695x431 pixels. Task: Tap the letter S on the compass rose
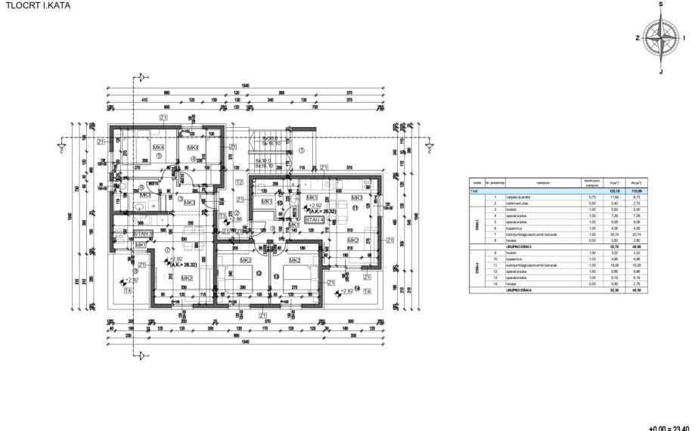point(660,5)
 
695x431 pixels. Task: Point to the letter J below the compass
point(660,72)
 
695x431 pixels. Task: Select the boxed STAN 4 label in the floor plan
point(315,219)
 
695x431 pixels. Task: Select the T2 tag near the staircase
point(239,182)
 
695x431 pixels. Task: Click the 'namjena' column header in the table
point(543,183)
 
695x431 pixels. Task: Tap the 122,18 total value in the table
point(614,191)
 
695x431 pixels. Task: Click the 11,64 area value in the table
point(614,197)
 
